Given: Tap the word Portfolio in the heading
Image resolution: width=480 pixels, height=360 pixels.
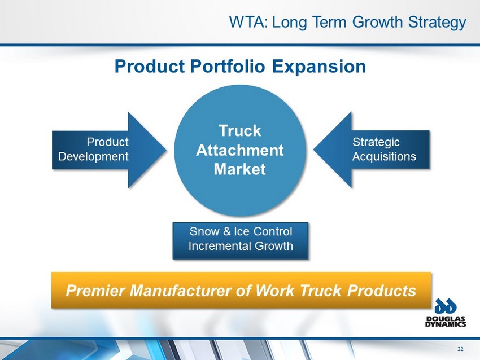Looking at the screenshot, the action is click(x=228, y=66).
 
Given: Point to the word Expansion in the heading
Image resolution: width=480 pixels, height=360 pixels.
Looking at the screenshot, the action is click(x=319, y=67).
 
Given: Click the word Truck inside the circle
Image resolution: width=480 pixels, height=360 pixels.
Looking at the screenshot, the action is click(x=240, y=130).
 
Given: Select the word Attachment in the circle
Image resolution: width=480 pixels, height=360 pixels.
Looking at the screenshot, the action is click(x=240, y=150).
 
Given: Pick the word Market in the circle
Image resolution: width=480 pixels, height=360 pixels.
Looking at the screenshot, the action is click(x=240, y=169).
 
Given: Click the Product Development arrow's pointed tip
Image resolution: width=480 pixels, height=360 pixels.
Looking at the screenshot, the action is click(x=166, y=150).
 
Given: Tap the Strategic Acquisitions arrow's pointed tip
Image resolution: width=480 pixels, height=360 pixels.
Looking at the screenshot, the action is click(x=314, y=150).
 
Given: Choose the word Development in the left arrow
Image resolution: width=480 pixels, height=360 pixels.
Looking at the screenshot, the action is click(x=93, y=157).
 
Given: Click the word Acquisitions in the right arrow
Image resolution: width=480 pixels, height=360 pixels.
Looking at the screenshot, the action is click(x=384, y=157).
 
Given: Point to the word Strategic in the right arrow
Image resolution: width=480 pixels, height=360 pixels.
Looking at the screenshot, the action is click(x=376, y=142).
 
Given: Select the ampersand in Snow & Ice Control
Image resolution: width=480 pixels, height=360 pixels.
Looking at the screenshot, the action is click(x=227, y=231).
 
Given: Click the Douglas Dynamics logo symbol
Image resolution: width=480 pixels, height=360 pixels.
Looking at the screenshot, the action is click(x=446, y=306).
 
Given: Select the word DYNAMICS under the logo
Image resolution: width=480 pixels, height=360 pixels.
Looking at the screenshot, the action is click(x=446, y=324).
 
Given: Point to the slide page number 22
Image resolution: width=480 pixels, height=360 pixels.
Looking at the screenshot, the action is click(x=460, y=349).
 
